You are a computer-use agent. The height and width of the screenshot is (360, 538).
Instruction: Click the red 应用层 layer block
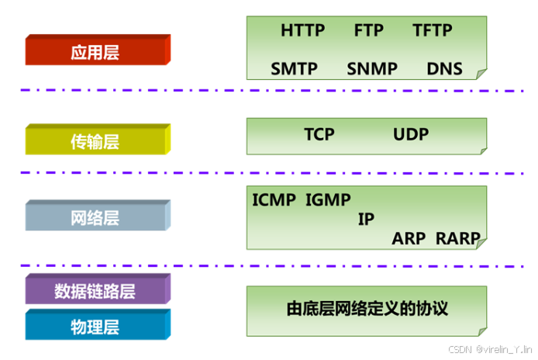95,53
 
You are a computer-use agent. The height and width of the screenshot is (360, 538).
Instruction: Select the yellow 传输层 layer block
95,141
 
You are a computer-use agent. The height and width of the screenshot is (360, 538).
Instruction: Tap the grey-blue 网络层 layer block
95,218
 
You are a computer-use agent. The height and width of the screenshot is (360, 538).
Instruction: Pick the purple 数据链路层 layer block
95,291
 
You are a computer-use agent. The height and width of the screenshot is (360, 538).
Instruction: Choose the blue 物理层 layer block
95,324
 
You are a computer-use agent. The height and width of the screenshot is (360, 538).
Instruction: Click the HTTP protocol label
304,31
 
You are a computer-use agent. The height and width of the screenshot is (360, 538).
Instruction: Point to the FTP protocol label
369,31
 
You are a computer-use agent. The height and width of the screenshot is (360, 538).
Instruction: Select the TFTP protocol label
433,31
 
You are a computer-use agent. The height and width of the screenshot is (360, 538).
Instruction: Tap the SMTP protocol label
295,68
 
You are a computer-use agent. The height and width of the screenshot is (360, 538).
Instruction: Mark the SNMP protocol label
372,68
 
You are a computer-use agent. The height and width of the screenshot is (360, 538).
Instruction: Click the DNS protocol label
444,68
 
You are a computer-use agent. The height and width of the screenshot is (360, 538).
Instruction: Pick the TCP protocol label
319,134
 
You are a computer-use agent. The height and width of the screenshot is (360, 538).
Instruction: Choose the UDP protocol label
411,134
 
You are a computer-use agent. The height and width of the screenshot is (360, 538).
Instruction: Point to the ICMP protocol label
274,199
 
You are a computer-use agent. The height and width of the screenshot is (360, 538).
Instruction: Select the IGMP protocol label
328,199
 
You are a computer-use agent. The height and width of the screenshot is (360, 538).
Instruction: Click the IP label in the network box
366,219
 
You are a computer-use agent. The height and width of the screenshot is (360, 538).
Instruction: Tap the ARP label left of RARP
409,238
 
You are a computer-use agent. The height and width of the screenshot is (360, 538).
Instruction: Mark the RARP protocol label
458,238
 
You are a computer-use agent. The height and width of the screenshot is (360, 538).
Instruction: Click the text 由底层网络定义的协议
367,308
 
